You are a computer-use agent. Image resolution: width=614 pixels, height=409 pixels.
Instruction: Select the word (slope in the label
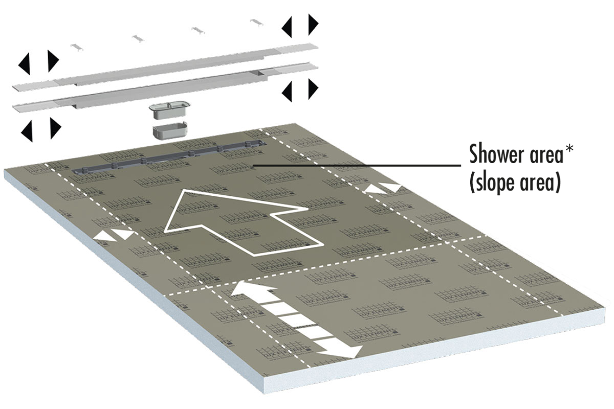495,182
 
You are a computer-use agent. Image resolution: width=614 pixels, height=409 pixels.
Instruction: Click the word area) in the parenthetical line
540,182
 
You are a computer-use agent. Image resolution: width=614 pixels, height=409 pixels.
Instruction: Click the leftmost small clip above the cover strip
77,46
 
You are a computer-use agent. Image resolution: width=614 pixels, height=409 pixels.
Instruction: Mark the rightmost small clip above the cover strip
256,22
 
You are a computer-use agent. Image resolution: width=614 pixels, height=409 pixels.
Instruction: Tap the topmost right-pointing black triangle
313,24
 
